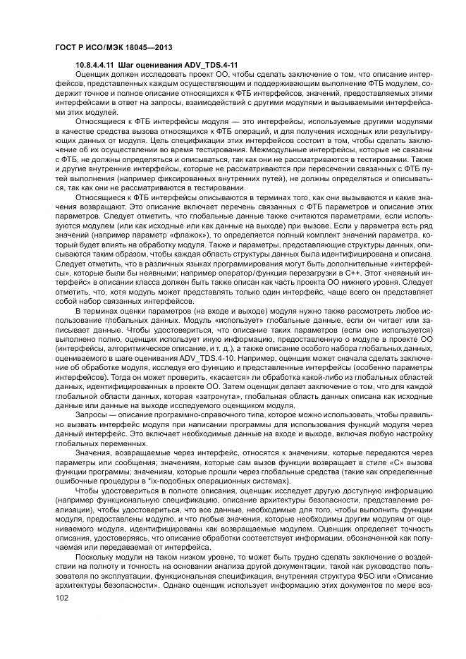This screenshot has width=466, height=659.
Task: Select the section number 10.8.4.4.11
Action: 99,65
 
